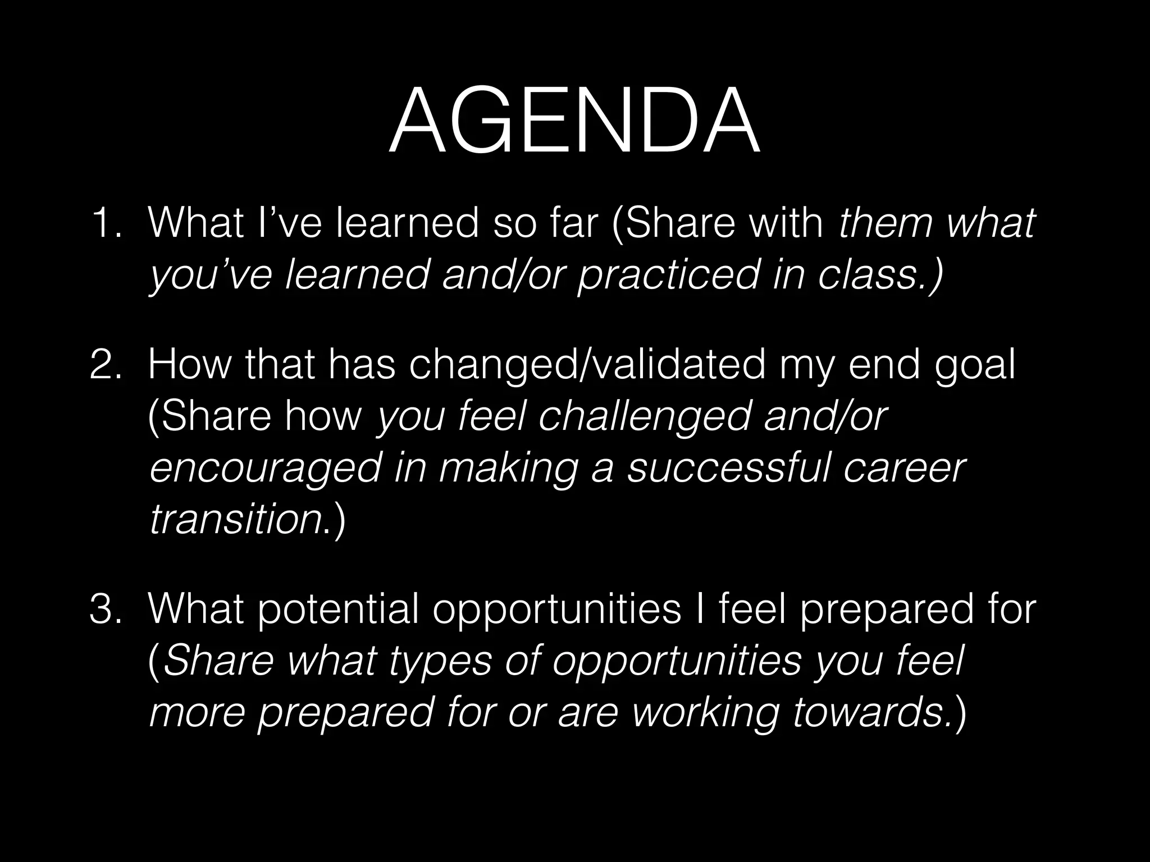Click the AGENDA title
(574, 122)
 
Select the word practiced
(668, 276)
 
